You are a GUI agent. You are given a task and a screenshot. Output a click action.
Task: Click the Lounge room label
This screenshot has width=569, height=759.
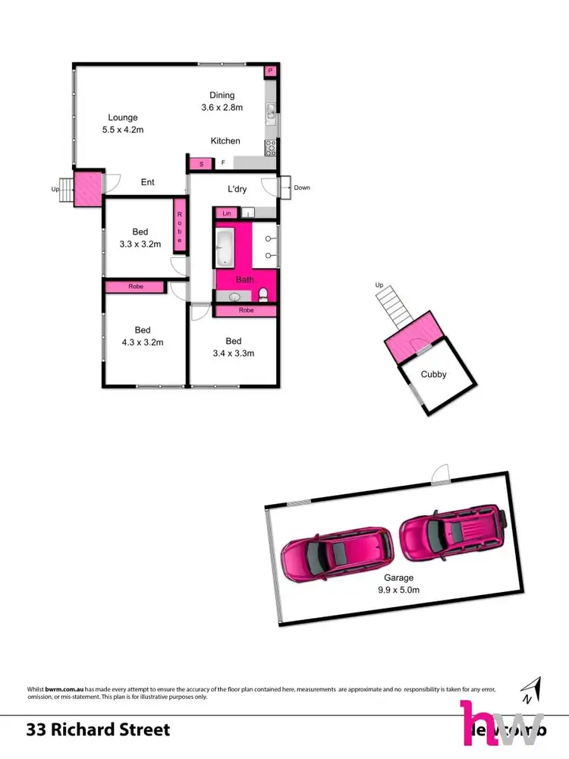click(x=122, y=118)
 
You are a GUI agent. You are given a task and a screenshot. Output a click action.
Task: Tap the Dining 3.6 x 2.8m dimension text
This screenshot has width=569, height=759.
click(x=222, y=108)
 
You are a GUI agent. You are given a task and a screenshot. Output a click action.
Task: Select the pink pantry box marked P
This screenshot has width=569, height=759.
click(x=270, y=71)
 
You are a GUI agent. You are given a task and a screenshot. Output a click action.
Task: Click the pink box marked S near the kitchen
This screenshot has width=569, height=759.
click(x=201, y=164)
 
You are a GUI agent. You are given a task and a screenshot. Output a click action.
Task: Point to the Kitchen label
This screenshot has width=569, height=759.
click(x=225, y=140)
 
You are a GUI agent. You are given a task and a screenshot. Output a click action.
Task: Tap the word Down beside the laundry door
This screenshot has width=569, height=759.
click(x=301, y=187)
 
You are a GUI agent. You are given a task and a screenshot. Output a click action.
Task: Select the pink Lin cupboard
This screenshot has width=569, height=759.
click(x=226, y=214)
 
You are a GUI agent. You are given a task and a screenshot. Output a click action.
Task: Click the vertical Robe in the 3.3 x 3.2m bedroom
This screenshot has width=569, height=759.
click(x=181, y=227)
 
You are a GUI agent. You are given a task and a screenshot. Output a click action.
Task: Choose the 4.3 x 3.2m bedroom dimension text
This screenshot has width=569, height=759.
click(x=142, y=342)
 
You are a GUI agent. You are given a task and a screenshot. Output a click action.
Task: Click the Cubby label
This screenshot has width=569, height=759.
click(x=434, y=374)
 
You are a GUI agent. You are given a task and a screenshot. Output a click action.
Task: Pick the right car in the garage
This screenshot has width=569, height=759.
click(x=451, y=534)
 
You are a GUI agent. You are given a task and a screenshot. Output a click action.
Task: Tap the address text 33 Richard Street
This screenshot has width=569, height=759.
click(x=98, y=730)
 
